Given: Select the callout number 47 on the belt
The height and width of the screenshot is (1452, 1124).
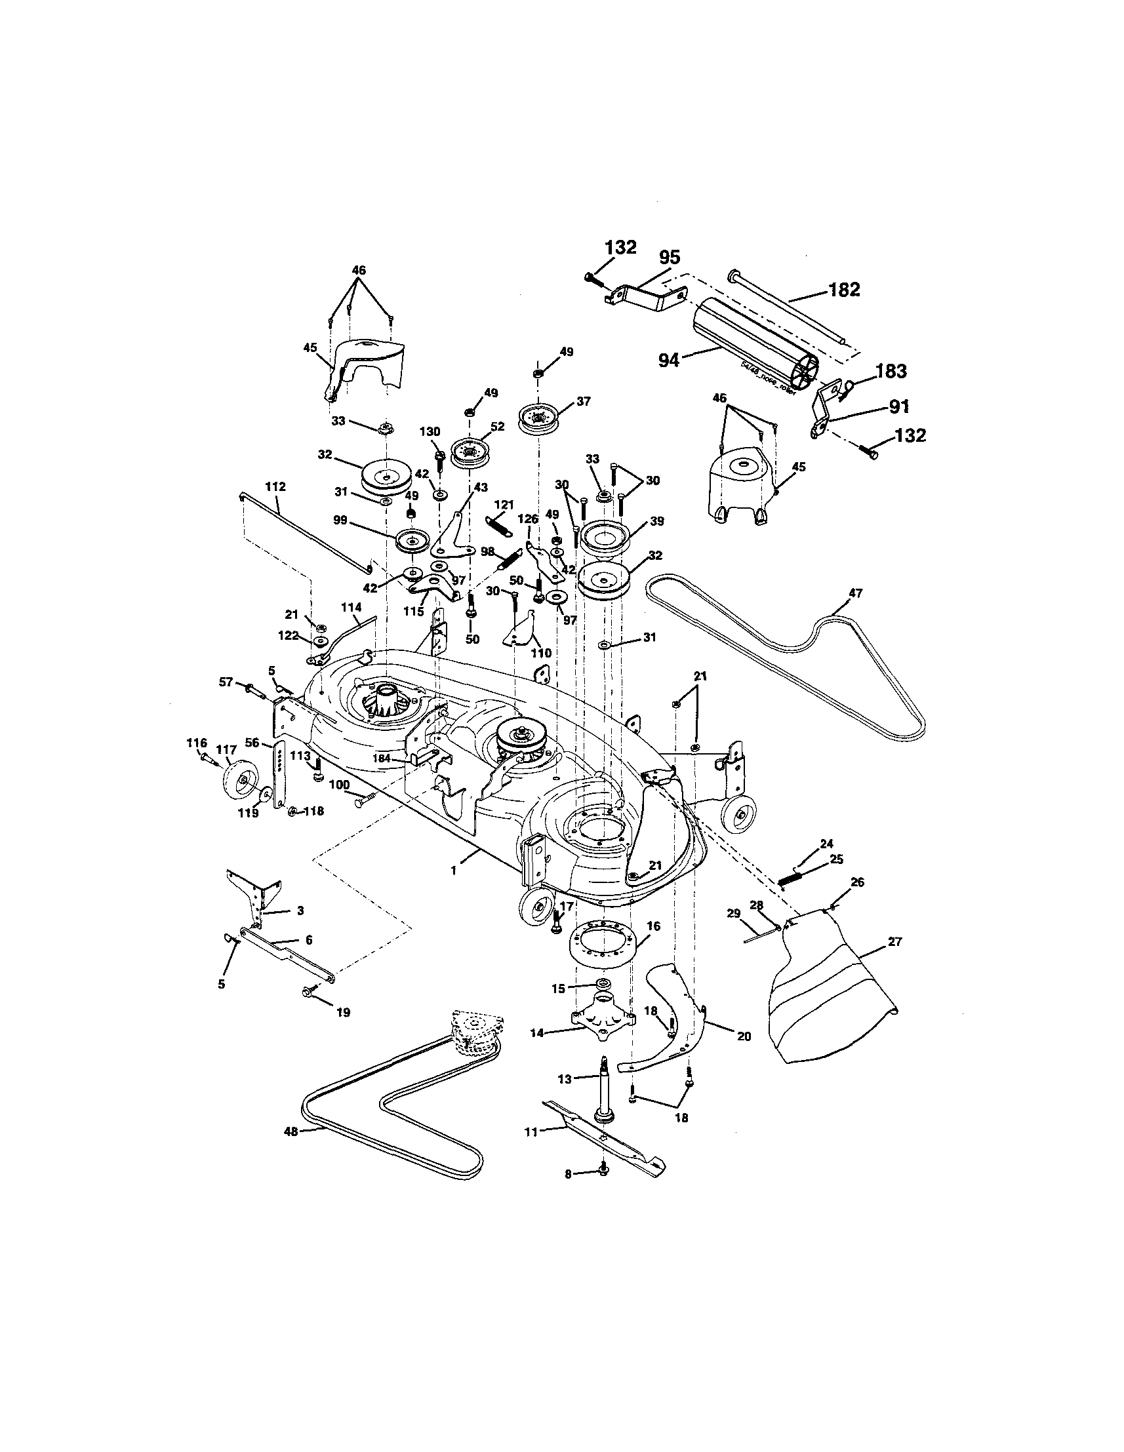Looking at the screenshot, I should pyautogui.click(x=855, y=593).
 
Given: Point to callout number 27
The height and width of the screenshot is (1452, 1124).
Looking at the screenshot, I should pyautogui.click(x=894, y=941).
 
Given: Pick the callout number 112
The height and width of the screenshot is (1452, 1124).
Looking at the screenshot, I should pyautogui.click(x=275, y=486).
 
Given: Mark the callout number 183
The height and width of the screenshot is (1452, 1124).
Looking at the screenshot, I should pyautogui.click(x=891, y=371).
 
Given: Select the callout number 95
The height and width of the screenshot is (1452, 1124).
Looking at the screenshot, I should pyautogui.click(x=669, y=257).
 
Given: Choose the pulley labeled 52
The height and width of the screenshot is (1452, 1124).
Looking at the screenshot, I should pyautogui.click(x=470, y=452).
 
